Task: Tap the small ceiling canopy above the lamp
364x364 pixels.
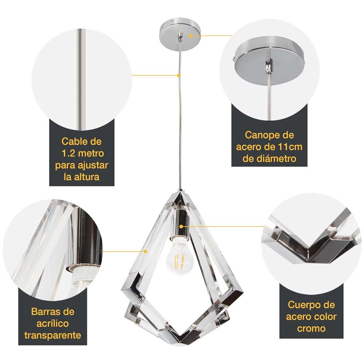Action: pyautogui.click(x=179, y=33)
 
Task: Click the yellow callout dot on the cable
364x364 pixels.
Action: pyautogui.click(x=179, y=75)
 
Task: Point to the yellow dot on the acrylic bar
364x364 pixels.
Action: pyautogui.click(x=146, y=251)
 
